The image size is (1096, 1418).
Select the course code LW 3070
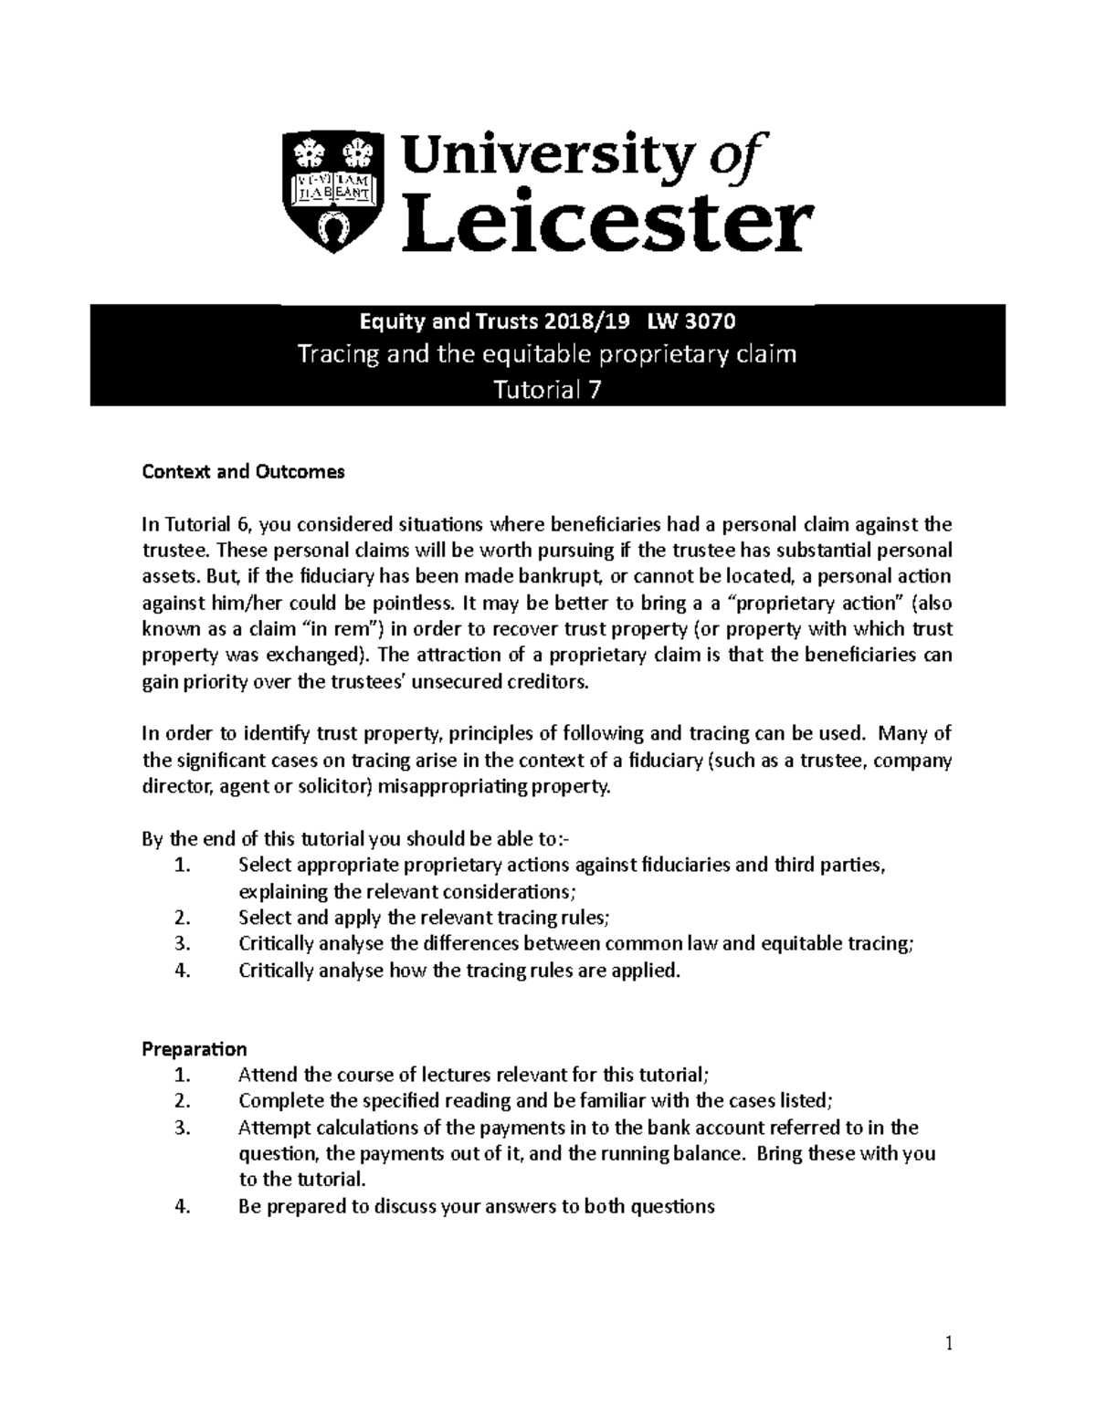pyautogui.click(x=691, y=321)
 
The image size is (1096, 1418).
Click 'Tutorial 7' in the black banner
pyautogui.click(x=547, y=391)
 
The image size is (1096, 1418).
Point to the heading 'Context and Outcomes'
pyautogui.click(x=243, y=472)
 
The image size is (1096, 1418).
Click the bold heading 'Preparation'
pyautogui.click(x=194, y=1048)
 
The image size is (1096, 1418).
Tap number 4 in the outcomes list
pyautogui.click(x=182, y=971)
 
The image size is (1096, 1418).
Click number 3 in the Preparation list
pyautogui.click(x=182, y=1128)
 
